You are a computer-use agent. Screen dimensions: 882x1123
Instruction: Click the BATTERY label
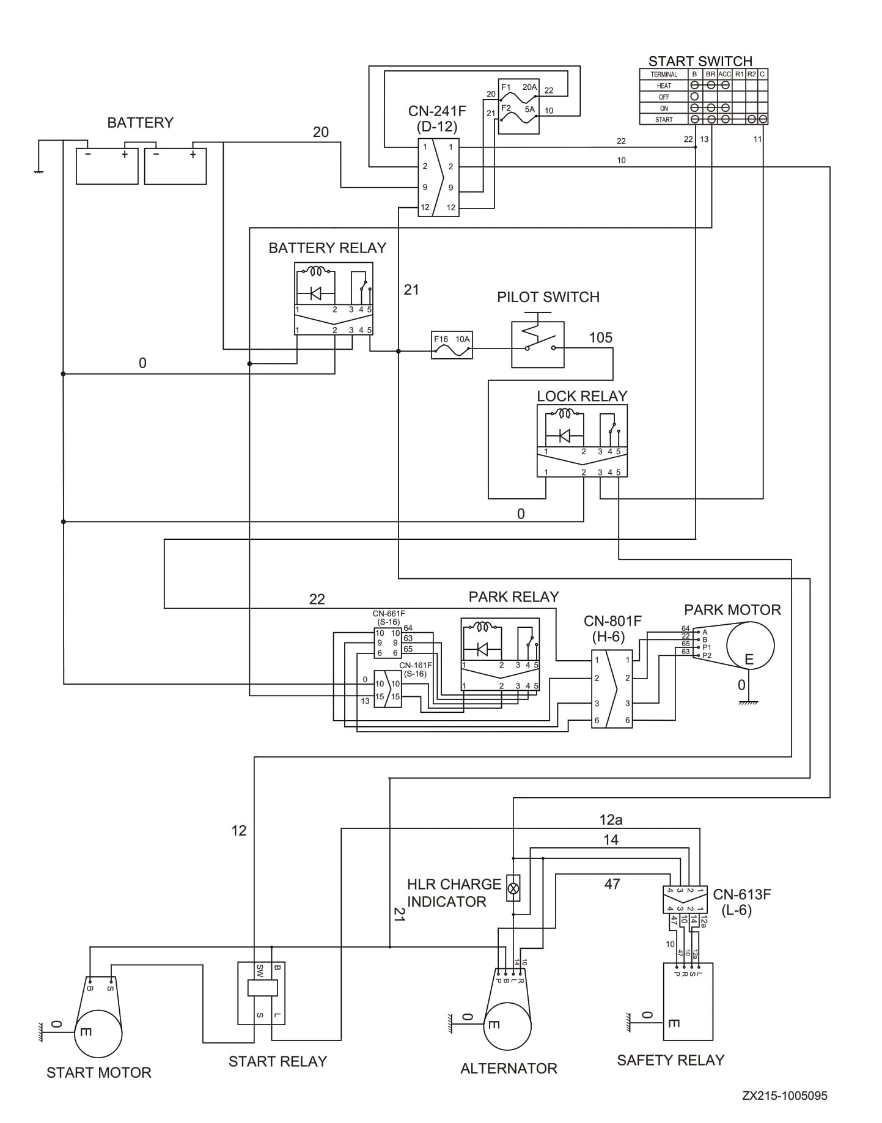[x=140, y=123]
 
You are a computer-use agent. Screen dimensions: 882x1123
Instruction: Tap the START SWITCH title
[x=700, y=61]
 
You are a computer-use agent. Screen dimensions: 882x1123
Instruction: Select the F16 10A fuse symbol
[x=452, y=345]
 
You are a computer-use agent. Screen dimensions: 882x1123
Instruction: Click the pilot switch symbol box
[x=538, y=345]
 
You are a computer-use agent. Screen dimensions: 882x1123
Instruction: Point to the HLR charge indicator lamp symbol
[x=513, y=887]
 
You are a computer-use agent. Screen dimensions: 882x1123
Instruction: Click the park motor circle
[x=749, y=646]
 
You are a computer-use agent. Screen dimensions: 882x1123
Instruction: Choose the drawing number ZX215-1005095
[x=785, y=1095]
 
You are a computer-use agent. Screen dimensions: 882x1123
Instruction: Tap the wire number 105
[x=600, y=338]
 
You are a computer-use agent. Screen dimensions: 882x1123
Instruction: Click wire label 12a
[x=611, y=819]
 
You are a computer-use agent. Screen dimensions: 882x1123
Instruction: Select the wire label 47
[x=612, y=884]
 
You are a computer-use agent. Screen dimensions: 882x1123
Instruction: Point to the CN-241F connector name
[x=437, y=111]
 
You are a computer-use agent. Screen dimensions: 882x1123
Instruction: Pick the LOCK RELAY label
[x=582, y=396]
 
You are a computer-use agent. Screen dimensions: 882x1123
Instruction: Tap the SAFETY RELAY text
[x=671, y=1060]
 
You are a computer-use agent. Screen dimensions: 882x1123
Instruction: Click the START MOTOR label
[x=99, y=1073]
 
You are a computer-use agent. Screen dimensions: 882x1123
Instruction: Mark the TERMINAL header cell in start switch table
[x=664, y=75]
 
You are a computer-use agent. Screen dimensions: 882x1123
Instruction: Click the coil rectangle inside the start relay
[x=262, y=988]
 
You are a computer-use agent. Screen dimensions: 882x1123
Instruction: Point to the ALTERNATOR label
[x=509, y=1069]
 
